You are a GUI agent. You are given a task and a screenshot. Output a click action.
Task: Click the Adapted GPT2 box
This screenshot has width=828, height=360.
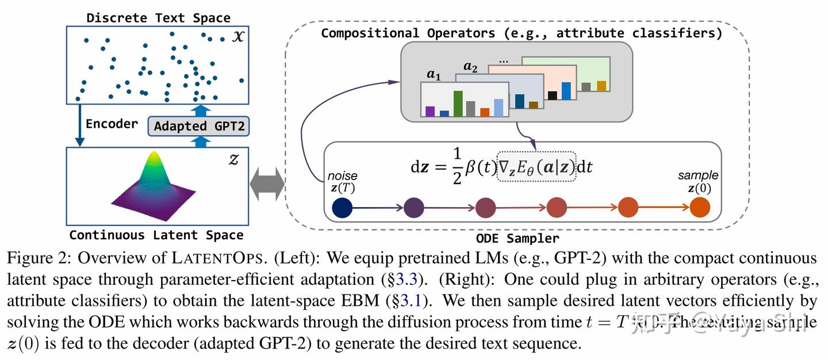pyautogui.click(x=198, y=126)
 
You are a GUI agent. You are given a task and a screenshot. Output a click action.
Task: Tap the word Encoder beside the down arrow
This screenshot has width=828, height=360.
pyautogui.click(x=112, y=124)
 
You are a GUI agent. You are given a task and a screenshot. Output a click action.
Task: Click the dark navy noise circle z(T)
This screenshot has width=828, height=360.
pyautogui.click(x=342, y=207)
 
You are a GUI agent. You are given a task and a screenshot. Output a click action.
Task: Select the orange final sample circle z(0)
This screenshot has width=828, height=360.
pyautogui.click(x=699, y=207)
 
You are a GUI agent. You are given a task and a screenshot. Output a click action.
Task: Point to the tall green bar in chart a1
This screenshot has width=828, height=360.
pyautogui.click(x=458, y=104)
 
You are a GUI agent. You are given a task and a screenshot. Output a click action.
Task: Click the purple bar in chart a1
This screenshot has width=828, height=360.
pyautogui.click(x=430, y=111)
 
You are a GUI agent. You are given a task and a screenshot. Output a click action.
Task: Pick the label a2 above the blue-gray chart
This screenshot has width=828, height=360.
pyautogui.click(x=470, y=68)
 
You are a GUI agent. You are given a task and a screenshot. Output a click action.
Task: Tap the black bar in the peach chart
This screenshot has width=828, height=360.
pyautogui.click(x=553, y=95)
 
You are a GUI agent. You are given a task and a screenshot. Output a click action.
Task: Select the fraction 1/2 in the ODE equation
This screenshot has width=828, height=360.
pyautogui.click(x=457, y=167)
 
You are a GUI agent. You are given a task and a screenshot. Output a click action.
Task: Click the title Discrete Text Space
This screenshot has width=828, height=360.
pyautogui.click(x=158, y=18)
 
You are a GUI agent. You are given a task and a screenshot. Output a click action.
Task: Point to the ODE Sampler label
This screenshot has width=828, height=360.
pyautogui.click(x=517, y=238)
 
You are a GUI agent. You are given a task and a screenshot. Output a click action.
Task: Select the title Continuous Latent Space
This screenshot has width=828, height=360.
pyautogui.click(x=156, y=235)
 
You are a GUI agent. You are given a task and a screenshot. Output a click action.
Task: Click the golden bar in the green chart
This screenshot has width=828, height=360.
pyautogui.click(x=601, y=86)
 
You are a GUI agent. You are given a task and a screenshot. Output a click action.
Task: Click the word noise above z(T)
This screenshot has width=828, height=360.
pyautogui.click(x=342, y=175)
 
